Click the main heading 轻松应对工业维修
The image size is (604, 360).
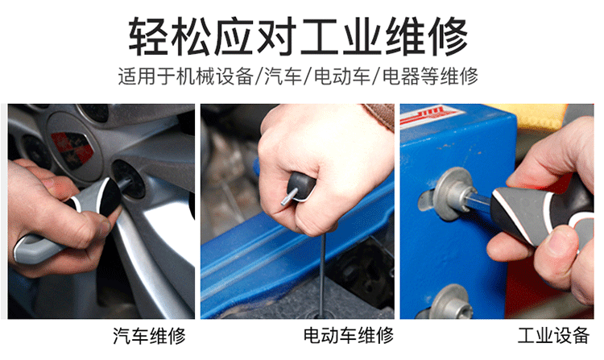coord(298,36)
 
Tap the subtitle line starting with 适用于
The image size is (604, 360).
coord(298,76)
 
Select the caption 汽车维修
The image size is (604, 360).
coord(150,336)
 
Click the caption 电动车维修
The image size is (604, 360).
coord(349,335)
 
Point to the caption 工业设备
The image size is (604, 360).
coord(553,335)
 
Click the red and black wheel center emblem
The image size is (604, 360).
coord(72,149)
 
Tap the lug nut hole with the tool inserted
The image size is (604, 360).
coord(129,179)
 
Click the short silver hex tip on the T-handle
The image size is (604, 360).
coord(289,196)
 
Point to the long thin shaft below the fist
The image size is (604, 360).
coord(323,273)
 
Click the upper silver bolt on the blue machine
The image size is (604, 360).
coord(452,193)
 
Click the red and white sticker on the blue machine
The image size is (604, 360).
coord(432,116)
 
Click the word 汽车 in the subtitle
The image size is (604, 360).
coord(283,76)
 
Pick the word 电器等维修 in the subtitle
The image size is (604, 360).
coord(430,76)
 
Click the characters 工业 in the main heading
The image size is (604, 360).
coord(341,36)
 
